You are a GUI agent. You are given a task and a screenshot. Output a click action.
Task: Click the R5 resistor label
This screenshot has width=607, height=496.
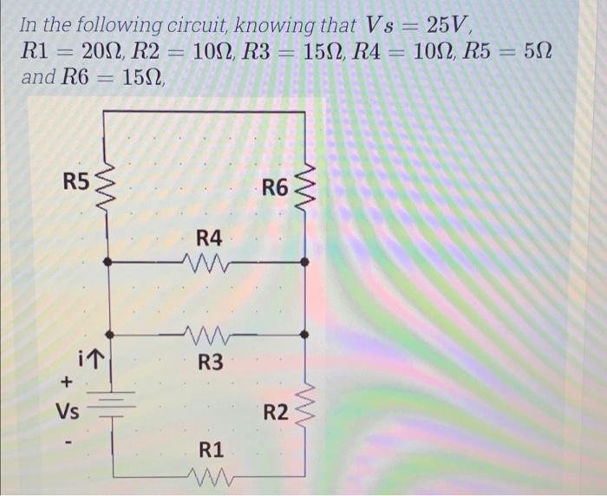tap(76, 181)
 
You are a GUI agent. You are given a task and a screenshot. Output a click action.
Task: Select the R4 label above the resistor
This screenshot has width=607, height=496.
tap(209, 237)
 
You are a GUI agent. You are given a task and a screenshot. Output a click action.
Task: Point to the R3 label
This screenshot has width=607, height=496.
tap(209, 362)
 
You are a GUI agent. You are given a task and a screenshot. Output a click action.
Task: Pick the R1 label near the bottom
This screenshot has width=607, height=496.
tap(211, 450)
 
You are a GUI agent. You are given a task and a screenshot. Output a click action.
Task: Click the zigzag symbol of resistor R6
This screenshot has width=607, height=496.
tap(304, 189)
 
